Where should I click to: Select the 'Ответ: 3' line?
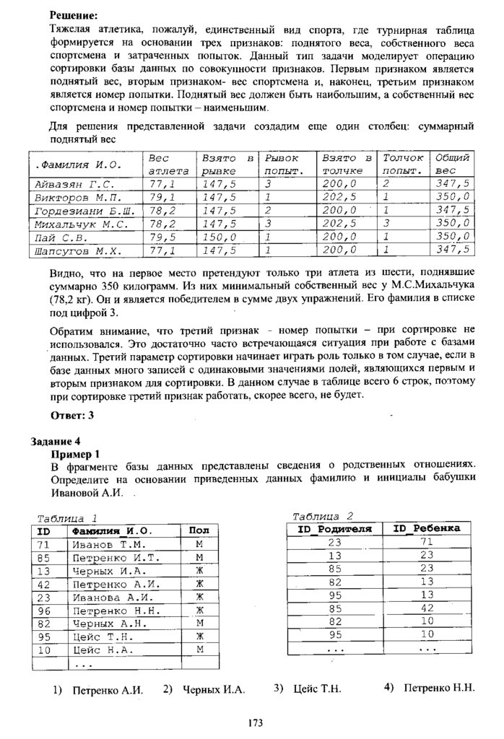(73, 415)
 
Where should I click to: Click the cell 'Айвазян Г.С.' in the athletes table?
(71, 184)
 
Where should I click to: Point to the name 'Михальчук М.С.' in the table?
(81, 224)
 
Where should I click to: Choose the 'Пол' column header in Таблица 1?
(198, 530)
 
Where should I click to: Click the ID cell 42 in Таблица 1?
(43, 584)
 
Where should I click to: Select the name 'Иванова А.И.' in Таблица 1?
(108, 597)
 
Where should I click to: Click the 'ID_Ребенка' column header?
(426, 528)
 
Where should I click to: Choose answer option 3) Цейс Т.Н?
(308, 688)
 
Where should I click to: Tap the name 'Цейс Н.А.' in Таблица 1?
(102, 650)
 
